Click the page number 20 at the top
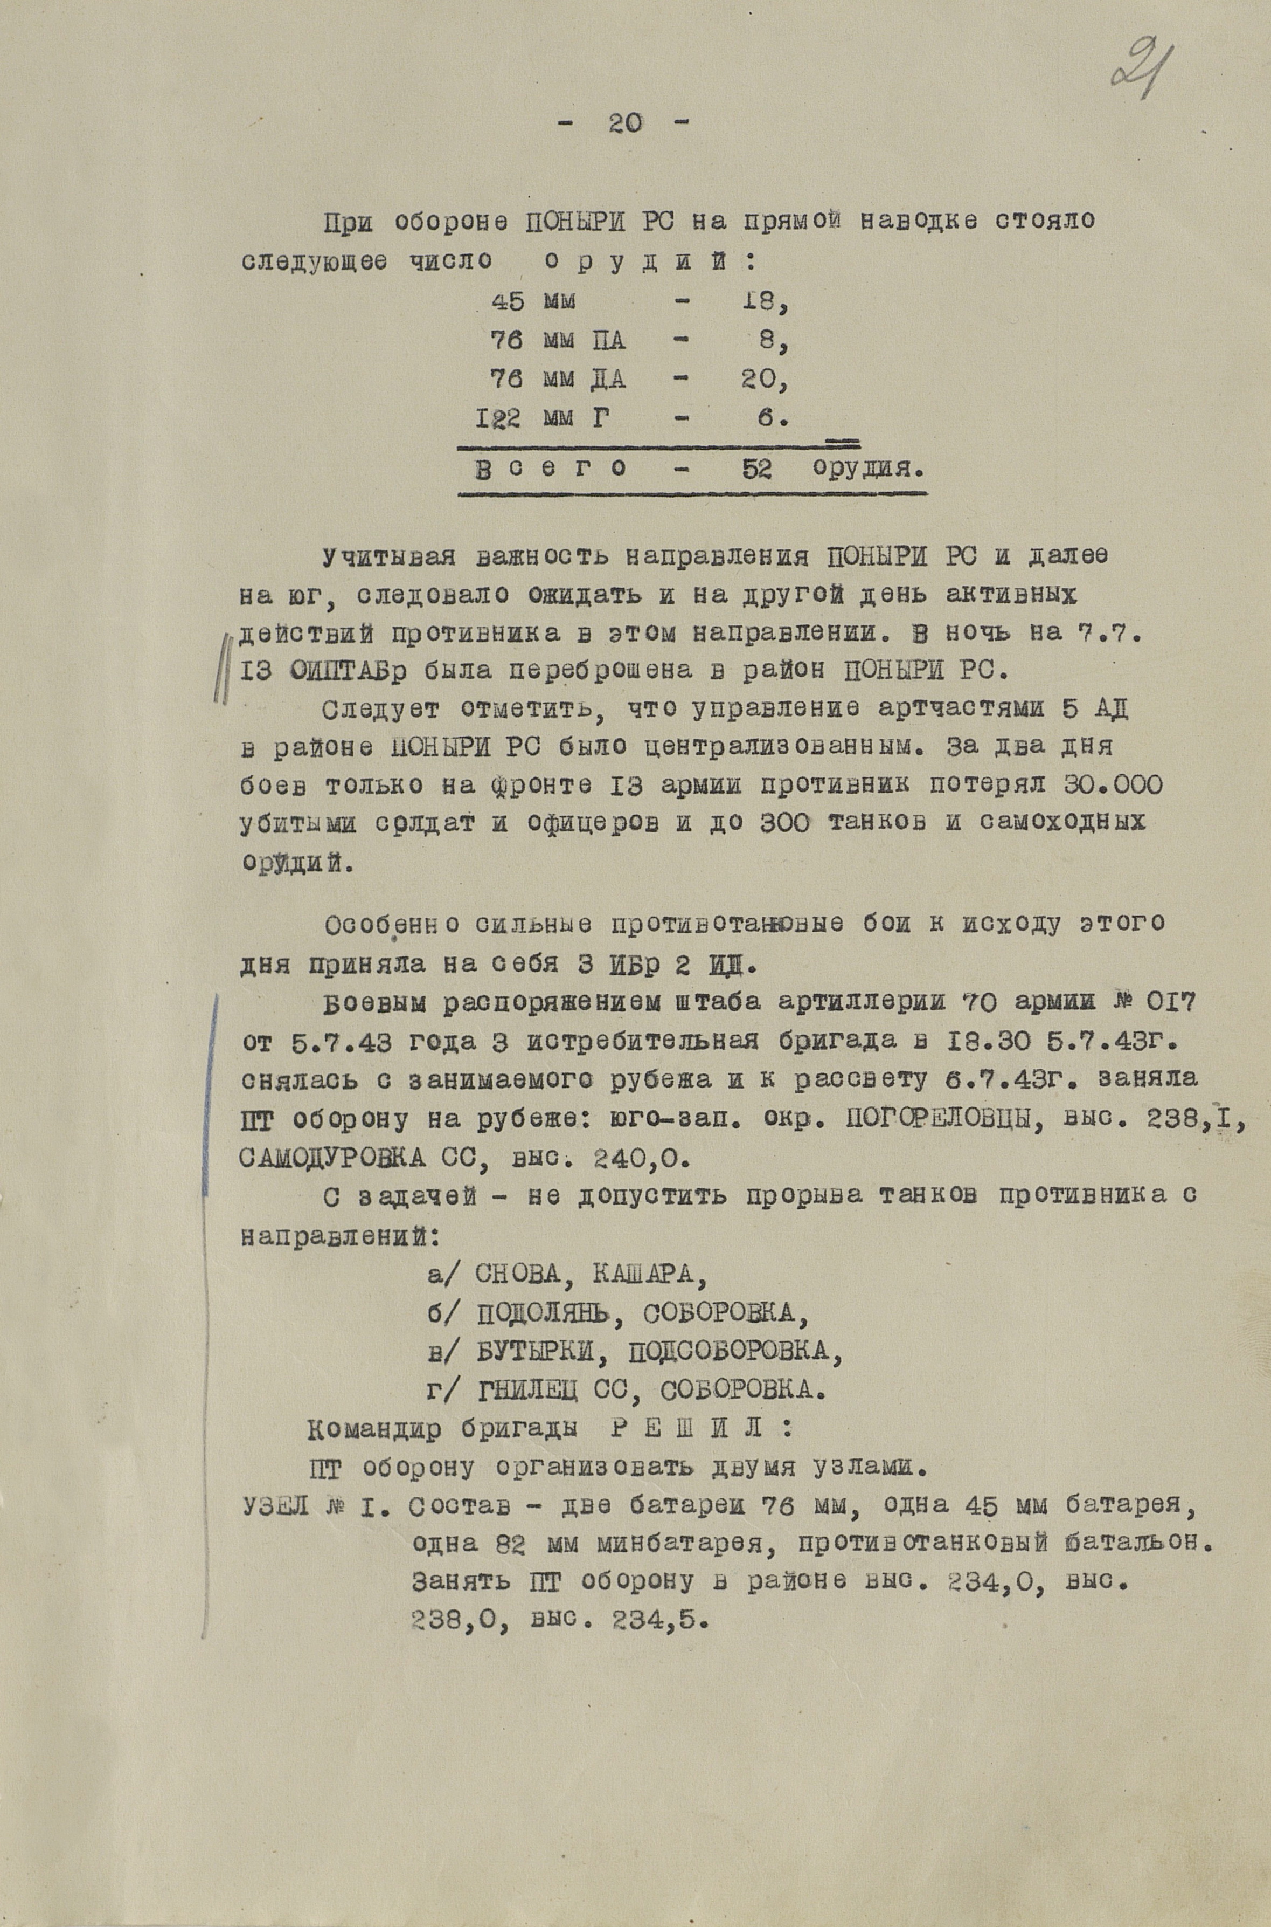click(x=623, y=123)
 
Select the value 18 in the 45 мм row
click(x=763, y=302)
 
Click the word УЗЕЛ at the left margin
click(x=276, y=1507)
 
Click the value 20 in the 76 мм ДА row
click(x=763, y=380)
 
